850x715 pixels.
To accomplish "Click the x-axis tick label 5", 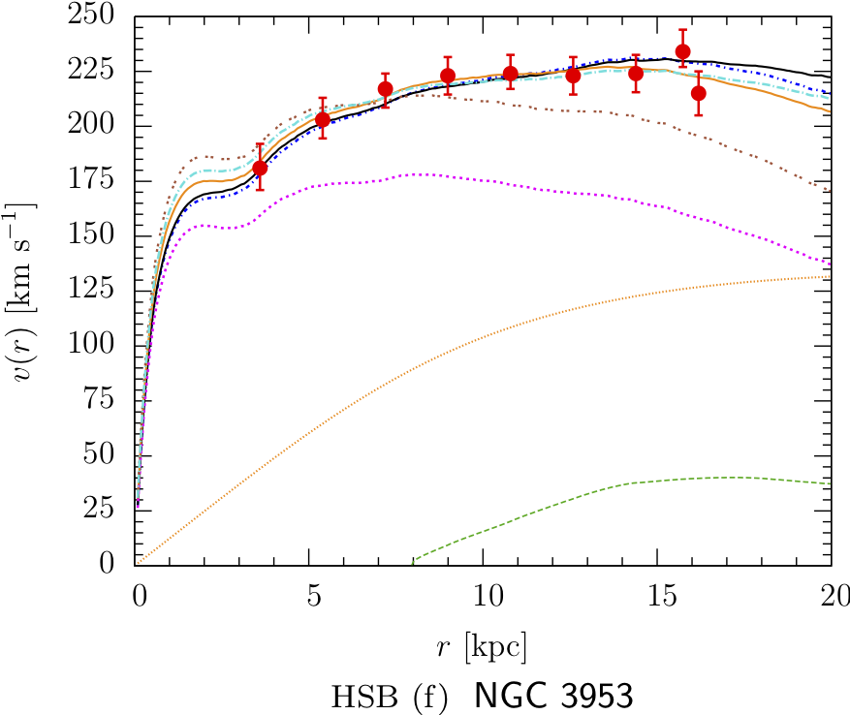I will click(309, 590).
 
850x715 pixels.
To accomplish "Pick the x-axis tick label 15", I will click(657, 590).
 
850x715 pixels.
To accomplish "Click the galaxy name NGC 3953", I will click(555, 696).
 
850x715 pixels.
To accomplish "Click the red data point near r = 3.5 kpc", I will click(260, 168).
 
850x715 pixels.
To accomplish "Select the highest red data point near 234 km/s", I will click(682, 51).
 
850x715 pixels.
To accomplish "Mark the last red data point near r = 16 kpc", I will click(698, 93).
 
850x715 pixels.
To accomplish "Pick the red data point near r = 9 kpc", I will click(448, 76).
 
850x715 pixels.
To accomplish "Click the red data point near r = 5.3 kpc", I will click(323, 119).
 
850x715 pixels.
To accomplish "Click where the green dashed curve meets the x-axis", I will click(413, 562).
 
